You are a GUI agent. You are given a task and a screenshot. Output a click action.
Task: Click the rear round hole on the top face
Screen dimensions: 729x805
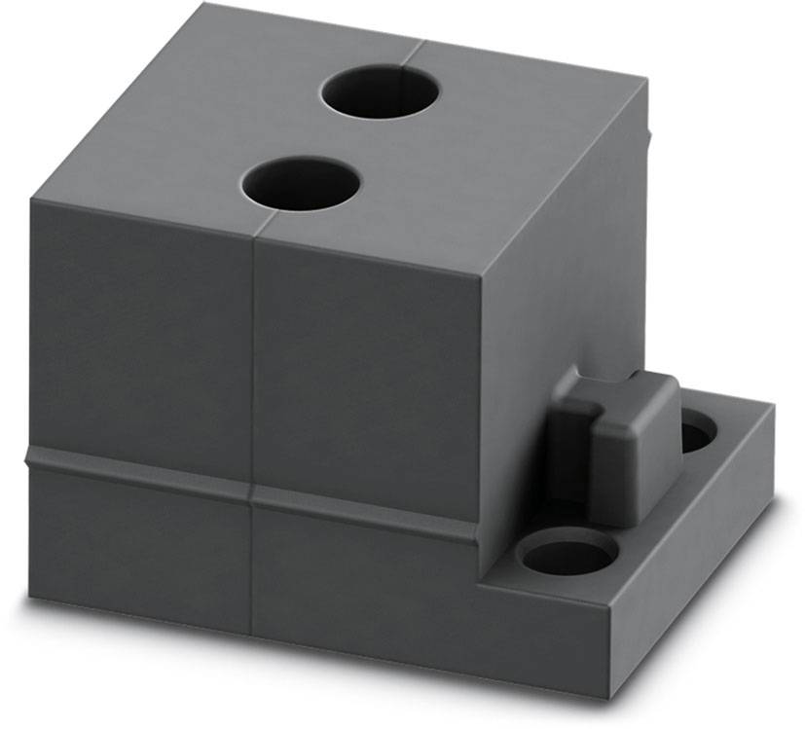click(x=380, y=93)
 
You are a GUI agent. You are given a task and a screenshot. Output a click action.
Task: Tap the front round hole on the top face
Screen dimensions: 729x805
click(x=301, y=185)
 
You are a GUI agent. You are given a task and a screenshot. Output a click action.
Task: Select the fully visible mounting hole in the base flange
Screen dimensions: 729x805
click(x=567, y=556)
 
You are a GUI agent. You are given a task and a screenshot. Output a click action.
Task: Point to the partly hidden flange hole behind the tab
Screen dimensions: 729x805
click(x=693, y=430)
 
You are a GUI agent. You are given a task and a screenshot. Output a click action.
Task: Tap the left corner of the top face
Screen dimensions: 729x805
click(x=31, y=200)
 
